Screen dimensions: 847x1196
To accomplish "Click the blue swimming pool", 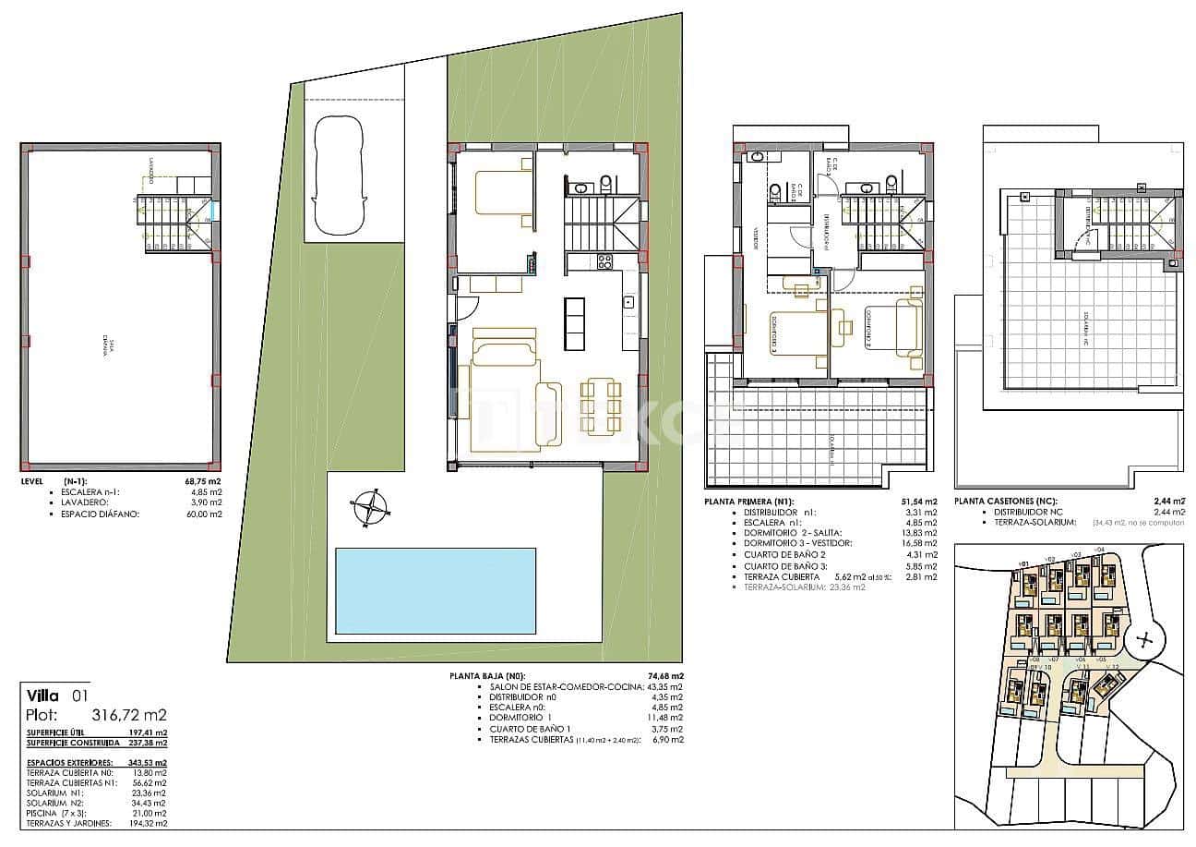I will click(x=435, y=590).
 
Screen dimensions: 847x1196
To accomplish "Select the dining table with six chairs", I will click(x=601, y=405).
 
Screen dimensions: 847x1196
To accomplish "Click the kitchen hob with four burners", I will click(x=605, y=262).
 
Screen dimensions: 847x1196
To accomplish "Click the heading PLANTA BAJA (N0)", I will click(x=487, y=676).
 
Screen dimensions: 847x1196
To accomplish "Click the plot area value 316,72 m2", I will click(x=130, y=715).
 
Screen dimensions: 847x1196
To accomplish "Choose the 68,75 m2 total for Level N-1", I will click(x=203, y=482).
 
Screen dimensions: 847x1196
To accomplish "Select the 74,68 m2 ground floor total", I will click(x=664, y=676).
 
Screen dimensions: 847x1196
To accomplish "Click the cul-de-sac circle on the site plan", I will click(x=1144, y=639).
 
